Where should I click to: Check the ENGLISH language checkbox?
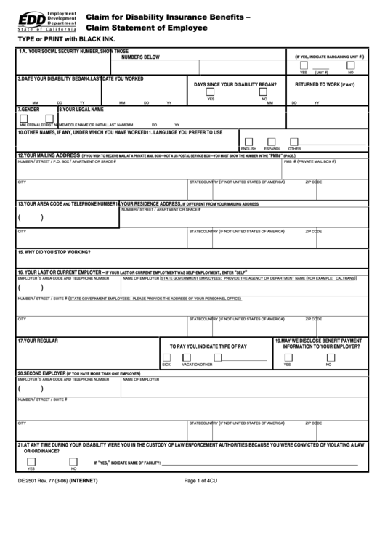249,142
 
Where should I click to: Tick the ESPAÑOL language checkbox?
272,142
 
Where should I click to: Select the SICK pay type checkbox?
167,357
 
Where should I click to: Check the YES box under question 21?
31,460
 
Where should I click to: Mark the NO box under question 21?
73,460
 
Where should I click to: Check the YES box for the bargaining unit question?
304,65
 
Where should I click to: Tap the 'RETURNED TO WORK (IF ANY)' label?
325,84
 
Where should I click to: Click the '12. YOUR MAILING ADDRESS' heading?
48,155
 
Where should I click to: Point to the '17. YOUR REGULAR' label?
39,340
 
